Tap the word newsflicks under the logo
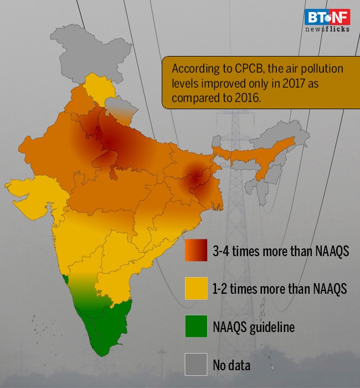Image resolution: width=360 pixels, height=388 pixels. pyautogui.click(x=327, y=29)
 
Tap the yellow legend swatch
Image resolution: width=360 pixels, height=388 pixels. pyautogui.click(x=196, y=289)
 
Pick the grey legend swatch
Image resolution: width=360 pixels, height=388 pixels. pyautogui.click(x=196, y=365)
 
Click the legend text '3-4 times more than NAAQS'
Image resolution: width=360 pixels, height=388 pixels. pyautogui.click(x=280, y=251)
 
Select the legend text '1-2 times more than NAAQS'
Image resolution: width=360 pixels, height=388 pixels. pyautogui.click(x=280, y=289)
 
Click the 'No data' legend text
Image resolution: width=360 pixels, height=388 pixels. pyautogui.click(x=232, y=365)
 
